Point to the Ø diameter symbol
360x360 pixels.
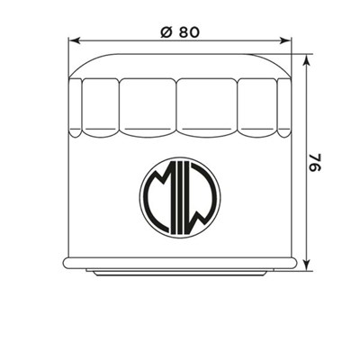[164, 30]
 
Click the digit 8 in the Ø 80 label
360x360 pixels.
[182, 30]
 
